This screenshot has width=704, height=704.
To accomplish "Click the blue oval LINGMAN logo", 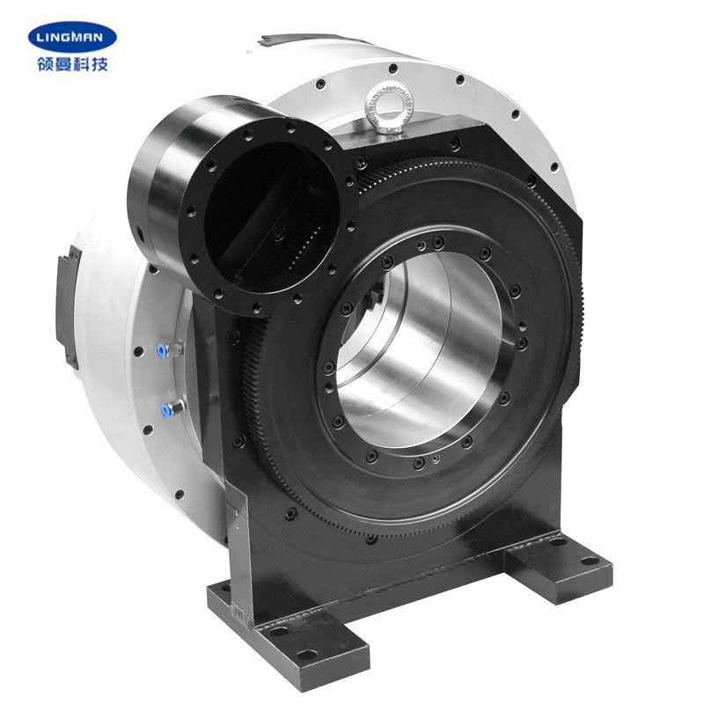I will coord(72,36).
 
